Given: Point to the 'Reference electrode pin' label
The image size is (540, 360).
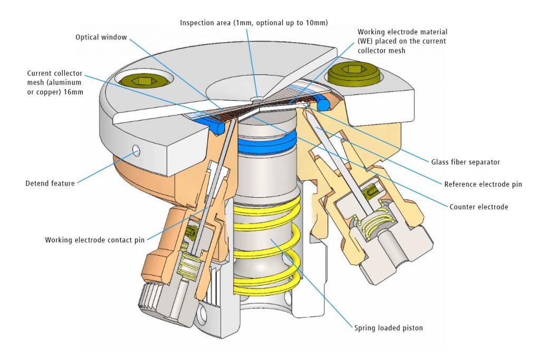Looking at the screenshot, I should point(483,184).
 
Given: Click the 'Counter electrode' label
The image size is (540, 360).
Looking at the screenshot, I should point(478,207).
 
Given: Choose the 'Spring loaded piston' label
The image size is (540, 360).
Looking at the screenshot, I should point(389,328).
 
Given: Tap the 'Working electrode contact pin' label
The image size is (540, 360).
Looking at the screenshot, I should point(94,240).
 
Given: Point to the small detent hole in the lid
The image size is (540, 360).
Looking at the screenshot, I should point(137,151).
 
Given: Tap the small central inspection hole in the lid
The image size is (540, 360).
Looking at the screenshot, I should point(257,98).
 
